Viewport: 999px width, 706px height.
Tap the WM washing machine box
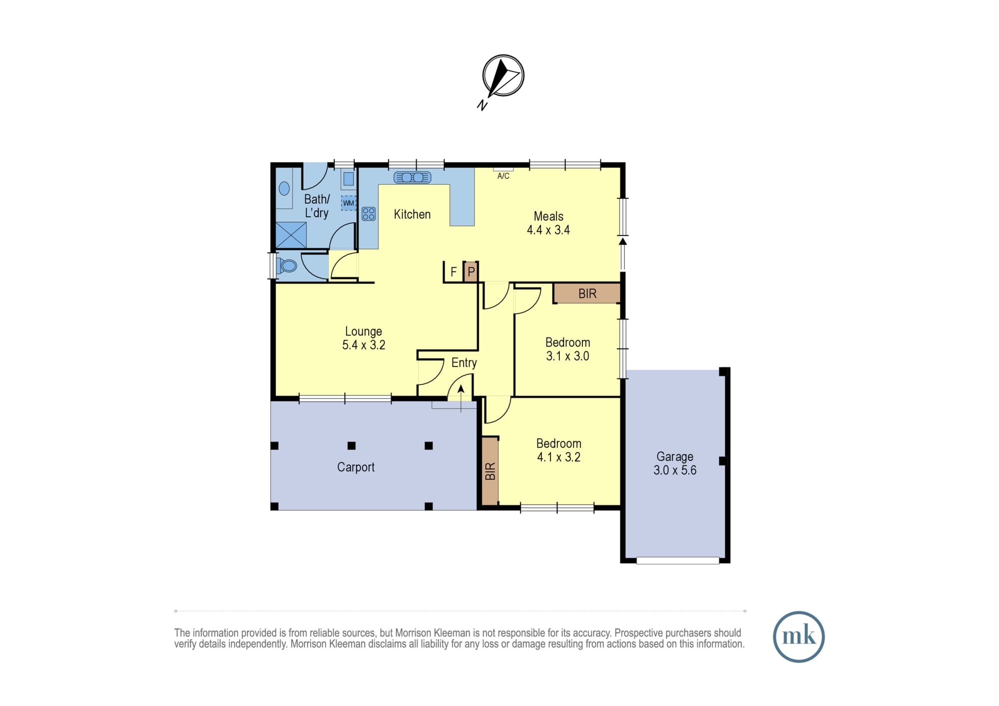348,203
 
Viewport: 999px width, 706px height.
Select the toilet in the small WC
287,265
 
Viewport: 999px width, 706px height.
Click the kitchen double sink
412,177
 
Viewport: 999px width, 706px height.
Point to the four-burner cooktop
369,214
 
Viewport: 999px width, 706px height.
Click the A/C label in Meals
503,176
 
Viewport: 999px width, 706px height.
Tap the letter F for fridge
454,272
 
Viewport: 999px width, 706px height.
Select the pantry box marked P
471,272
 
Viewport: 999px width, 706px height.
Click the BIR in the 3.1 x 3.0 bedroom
587,294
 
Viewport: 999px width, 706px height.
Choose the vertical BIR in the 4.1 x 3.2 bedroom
491,471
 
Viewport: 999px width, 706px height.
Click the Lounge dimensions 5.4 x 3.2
364,345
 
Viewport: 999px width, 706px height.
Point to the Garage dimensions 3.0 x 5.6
675,470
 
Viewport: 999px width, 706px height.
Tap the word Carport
356,467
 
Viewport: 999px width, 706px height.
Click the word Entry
464,363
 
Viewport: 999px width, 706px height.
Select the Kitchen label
412,214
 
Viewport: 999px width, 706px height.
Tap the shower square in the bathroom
291,235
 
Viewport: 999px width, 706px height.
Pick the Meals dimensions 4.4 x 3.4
548,230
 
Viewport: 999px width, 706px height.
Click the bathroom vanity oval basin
284,188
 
